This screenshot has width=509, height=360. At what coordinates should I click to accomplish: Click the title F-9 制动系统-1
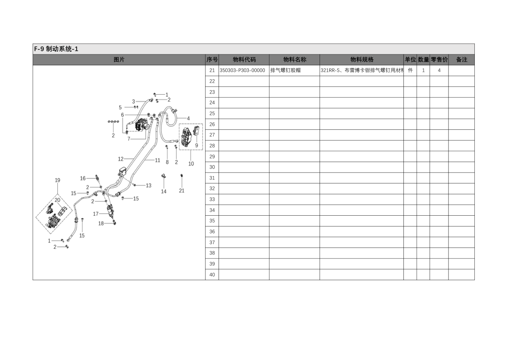pos(56,49)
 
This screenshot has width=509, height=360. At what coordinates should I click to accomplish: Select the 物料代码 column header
pos(244,60)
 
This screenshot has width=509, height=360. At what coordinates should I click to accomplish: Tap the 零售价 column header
pos(439,60)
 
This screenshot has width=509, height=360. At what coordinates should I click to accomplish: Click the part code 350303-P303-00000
pos(242,71)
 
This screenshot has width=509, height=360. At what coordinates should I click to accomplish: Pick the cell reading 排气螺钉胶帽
pos(285,71)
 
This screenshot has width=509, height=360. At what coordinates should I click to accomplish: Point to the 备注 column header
pos(462,60)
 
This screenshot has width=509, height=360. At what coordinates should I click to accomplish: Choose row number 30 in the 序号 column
pos(212,167)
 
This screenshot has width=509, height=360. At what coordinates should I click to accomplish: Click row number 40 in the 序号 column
pos(212,275)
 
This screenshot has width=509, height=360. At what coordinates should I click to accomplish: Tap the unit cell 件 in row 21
pos(410,71)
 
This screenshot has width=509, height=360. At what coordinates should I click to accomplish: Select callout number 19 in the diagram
pos(58,180)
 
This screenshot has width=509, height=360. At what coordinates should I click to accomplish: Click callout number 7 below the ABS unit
pos(129,139)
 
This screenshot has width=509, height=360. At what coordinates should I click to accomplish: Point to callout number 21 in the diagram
pos(182,191)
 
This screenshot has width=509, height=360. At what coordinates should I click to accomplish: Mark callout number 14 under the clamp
pos(164,191)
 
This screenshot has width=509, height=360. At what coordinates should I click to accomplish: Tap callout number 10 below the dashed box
pos(191,164)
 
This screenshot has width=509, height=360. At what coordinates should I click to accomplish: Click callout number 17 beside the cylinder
pos(96,214)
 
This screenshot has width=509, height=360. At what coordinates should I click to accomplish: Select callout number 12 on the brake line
pos(120,159)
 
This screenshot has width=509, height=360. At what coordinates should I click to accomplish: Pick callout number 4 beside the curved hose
pos(188,119)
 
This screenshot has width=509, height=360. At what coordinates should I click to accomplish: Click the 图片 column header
pos(119,60)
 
